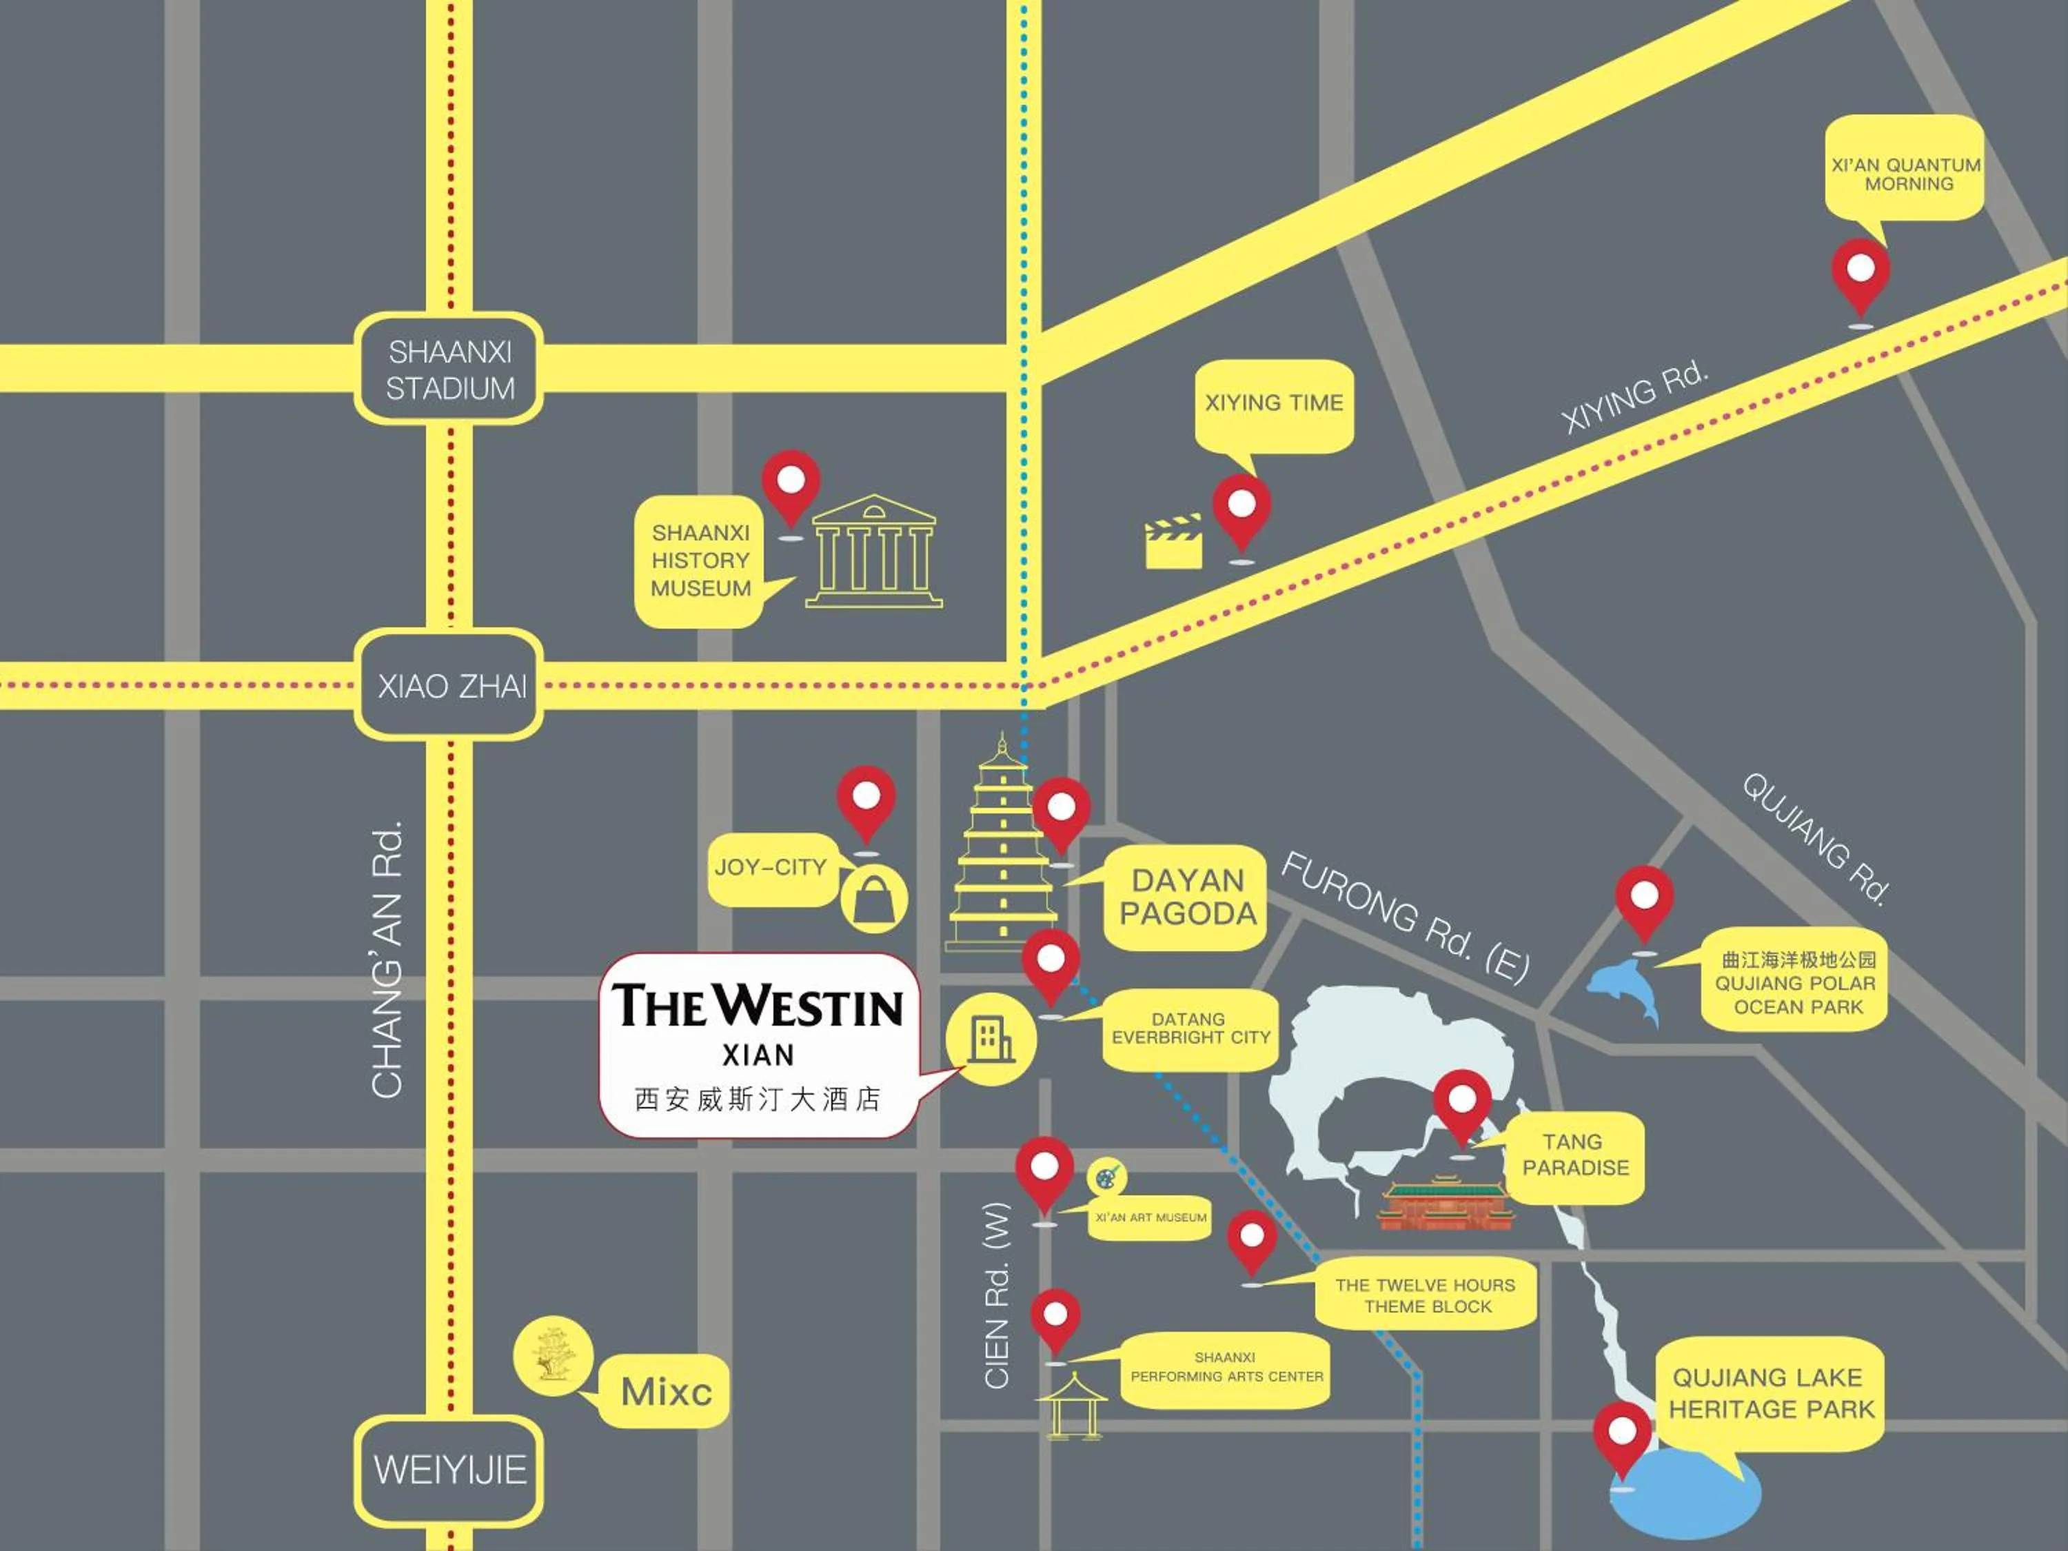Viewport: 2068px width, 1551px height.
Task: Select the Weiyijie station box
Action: tap(449, 1470)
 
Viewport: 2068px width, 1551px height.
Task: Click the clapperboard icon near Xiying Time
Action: tap(1173, 543)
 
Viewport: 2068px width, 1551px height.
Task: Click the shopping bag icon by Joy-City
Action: tap(873, 900)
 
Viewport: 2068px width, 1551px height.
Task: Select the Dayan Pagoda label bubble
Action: tap(1186, 898)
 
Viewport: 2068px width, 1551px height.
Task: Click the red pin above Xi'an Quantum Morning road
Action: tap(1860, 275)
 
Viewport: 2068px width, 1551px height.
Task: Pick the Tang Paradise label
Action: tap(1575, 1155)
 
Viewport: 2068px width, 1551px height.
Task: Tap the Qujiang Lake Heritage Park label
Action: tap(1771, 1393)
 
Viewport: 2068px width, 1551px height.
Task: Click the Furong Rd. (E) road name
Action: tap(1404, 918)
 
